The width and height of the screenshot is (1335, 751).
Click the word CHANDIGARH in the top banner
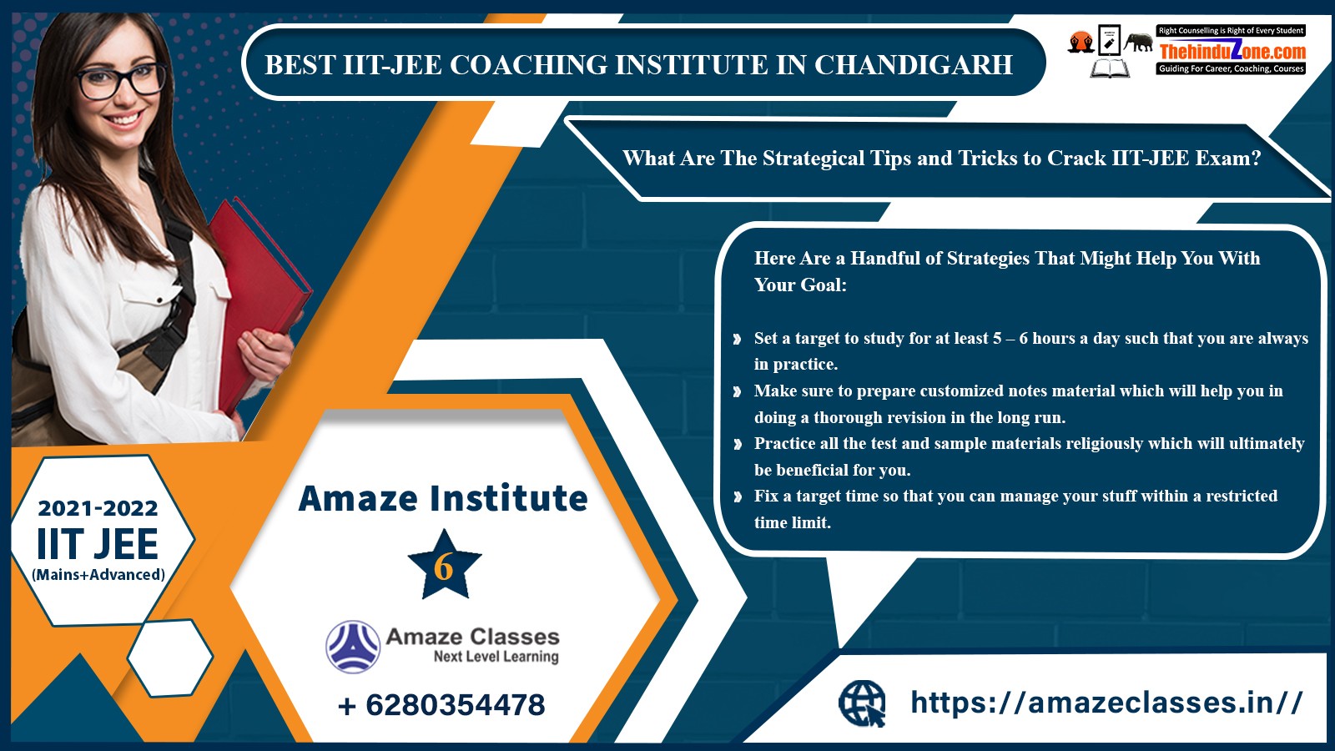click(x=913, y=65)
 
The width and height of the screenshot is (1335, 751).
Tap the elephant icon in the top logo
click(x=1138, y=43)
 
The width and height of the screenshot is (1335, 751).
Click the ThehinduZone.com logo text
click(x=1232, y=51)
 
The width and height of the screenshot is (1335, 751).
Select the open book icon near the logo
click(x=1110, y=68)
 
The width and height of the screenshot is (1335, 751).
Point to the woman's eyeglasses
click(x=121, y=81)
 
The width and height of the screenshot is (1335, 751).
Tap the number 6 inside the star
click(x=443, y=567)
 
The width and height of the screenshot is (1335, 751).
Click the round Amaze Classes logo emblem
click(x=353, y=647)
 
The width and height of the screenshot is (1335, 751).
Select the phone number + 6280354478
click(x=441, y=705)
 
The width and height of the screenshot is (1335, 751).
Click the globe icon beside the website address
click(x=862, y=703)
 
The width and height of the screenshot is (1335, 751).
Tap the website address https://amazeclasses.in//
click(x=1106, y=702)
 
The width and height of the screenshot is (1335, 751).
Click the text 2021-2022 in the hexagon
click(x=98, y=508)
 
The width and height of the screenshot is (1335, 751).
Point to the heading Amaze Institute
click(x=443, y=498)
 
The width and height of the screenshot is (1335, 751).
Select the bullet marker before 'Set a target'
click(x=738, y=339)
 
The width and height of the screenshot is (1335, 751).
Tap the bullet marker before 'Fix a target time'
click(x=738, y=496)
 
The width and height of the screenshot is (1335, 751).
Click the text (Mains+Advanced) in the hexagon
click(x=98, y=575)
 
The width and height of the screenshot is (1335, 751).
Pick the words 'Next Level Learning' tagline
click(x=496, y=656)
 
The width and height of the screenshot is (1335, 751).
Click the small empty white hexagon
click(x=170, y=658)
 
